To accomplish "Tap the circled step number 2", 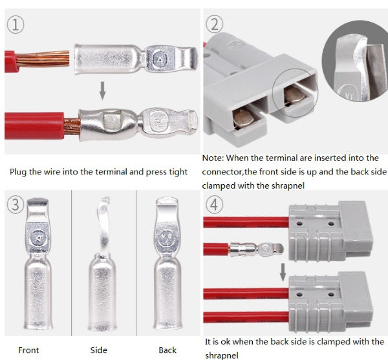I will coord(215,25).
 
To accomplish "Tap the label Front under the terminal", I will coord(28,350).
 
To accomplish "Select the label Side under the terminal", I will coord(98,350).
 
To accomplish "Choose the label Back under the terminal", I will coord(167,350).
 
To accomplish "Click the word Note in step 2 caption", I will coord(213,158).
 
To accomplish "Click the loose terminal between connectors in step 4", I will coord(253,248).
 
